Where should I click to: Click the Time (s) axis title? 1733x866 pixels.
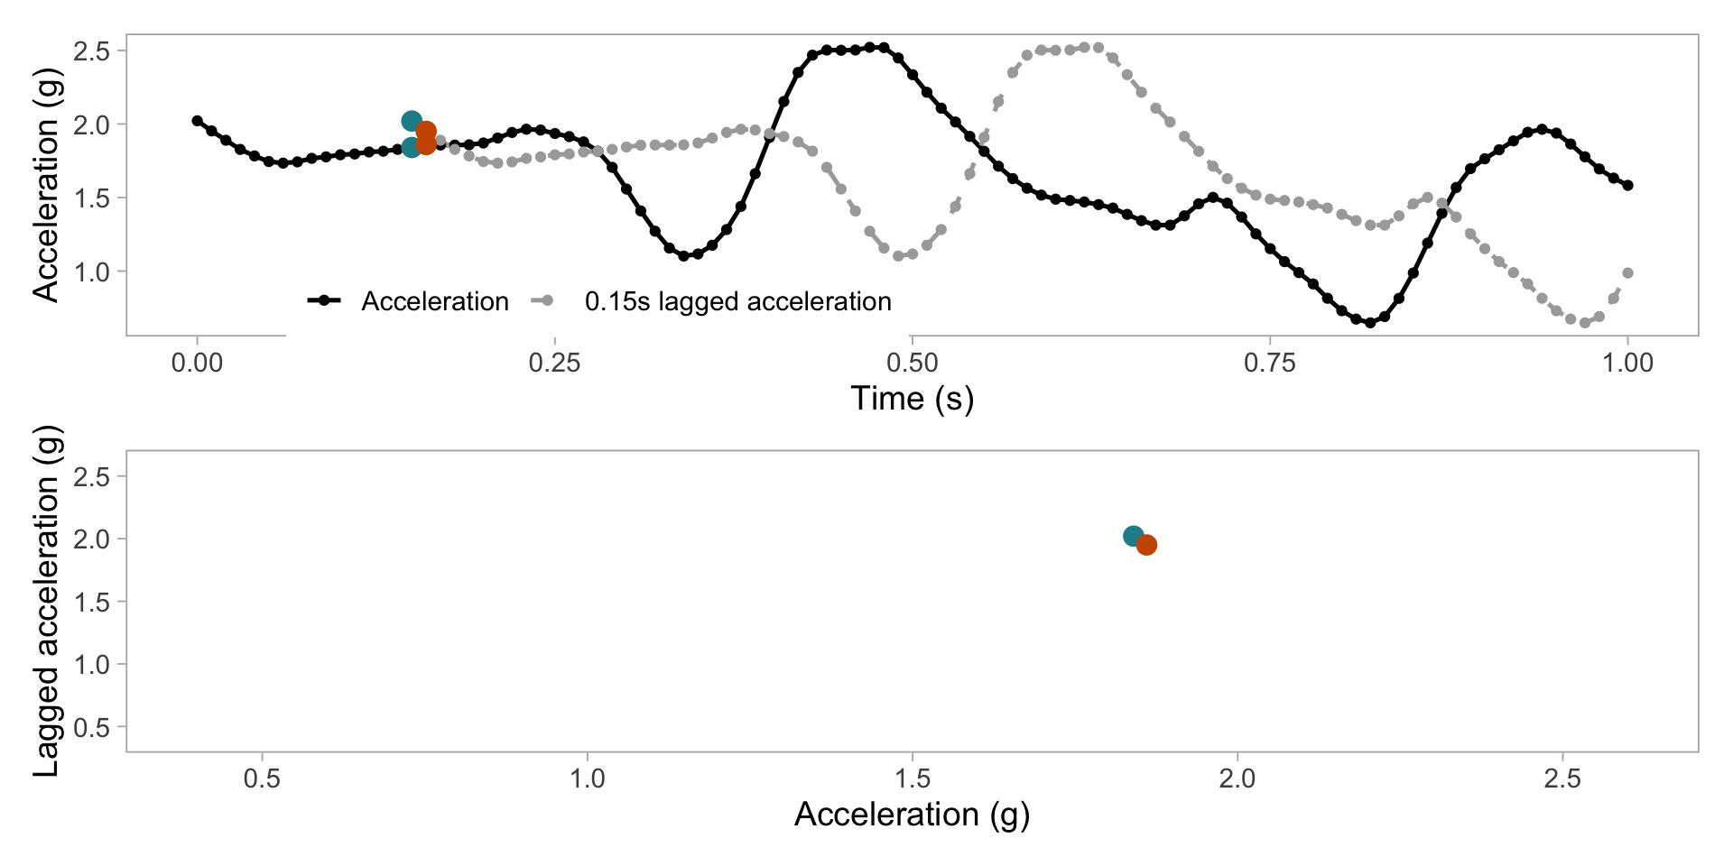(x=912, y=399)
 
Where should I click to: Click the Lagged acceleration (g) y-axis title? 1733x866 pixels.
(x=46, y=600)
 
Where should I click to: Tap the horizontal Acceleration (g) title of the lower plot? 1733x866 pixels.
(x=912, y=815)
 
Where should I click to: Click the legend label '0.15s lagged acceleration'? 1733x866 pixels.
(x=737, y=301)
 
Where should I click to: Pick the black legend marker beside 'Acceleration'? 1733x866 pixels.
(x=324, y=300)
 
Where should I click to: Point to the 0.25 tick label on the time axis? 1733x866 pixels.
(x=554, y=364)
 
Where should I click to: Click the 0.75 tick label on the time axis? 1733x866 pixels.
(x=1270, y=364)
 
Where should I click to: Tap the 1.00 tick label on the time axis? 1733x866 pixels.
(x=1627, y=364)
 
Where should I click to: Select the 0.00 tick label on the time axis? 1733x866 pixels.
(x=197, y=364)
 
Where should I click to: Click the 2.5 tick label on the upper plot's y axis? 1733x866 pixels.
(x=92, y=51)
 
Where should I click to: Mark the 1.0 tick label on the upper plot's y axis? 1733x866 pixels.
(x=92, y=272)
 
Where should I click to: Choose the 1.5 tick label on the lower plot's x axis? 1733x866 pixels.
(x=912, y=778)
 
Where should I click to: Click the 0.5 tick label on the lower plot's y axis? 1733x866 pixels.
(x=92, y=727)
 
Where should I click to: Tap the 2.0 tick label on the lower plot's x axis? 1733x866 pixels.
(x=1237, y=778)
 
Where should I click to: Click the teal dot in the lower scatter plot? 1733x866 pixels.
(x=1133, y=536)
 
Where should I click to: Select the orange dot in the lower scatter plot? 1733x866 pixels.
(x=1146, y=545)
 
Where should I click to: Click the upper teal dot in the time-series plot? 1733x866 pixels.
(x=412, y=121)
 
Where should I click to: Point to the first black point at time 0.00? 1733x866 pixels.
(x=198, y=121)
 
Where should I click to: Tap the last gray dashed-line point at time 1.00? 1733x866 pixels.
(x=1628, y=272)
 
